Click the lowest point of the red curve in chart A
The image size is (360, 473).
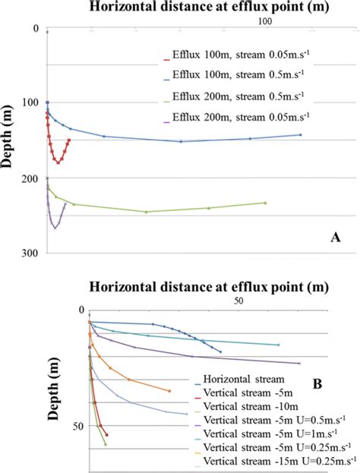click(x=58, y=162)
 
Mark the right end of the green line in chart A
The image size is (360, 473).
click(x=265, y=203)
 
